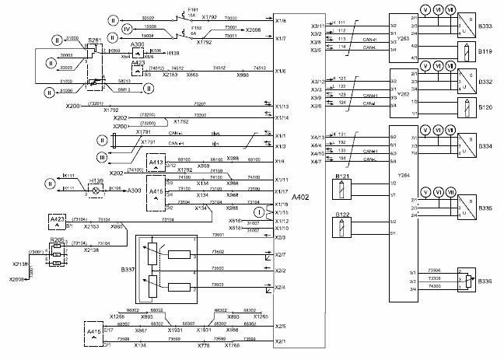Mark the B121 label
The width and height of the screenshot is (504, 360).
click(340, 178)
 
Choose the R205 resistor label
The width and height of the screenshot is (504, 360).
click(57, 240)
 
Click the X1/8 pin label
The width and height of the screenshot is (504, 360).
click(281, 21)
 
